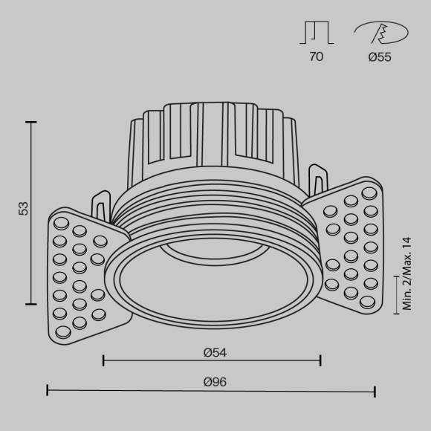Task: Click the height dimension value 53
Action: coord(23,210)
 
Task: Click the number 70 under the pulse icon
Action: coord(317,56)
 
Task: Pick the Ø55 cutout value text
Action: coord(379,56)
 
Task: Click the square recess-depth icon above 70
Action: coord(317,33)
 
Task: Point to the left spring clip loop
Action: coord(100,202)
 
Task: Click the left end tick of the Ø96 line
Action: coord(48,390)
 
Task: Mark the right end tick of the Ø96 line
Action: coord(375,390)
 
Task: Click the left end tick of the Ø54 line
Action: coord(103,360)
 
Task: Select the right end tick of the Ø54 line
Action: coord(320,360)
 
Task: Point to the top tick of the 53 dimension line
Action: coord(30,121)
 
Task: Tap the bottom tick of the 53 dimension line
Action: coord(30,303)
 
